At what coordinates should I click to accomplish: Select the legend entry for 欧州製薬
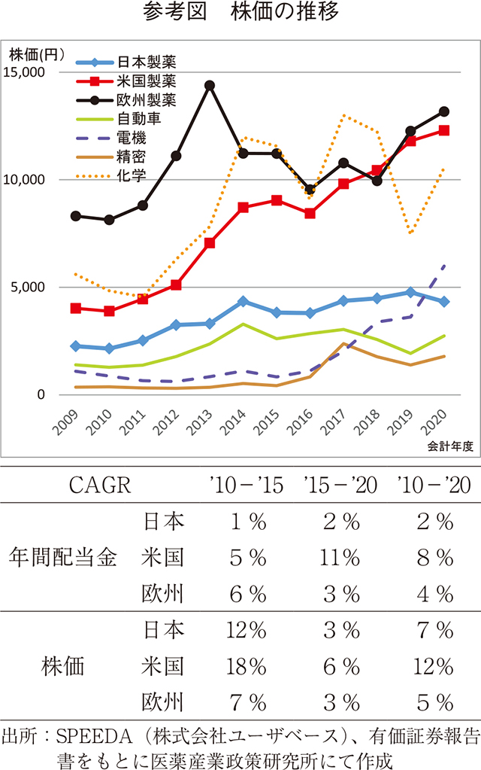146,99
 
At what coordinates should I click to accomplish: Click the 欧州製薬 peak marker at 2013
210,85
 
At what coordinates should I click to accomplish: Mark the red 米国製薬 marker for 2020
444,130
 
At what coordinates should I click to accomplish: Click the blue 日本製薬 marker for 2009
76,345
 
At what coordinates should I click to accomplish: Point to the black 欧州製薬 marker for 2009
76,216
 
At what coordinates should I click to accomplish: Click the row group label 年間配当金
63,558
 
